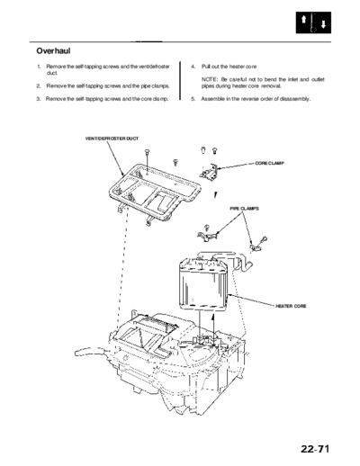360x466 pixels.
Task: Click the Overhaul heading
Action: pos(53,51)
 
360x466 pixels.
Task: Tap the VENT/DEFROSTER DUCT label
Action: pos(112,139)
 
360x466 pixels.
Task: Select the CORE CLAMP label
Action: pos(269,164)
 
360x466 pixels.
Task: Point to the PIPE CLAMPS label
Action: pos(244,209)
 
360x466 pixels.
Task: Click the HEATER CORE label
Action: pos(291,306)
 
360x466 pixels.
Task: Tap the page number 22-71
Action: pos(315,449)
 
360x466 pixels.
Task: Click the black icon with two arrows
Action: pos(313,22)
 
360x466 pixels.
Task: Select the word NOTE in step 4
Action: pos(209,79)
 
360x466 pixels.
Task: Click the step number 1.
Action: pos(39,67)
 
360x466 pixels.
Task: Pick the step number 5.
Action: pos(193,99)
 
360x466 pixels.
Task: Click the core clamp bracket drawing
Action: pos(209,173)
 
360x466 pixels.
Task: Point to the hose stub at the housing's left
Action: pos(89,352)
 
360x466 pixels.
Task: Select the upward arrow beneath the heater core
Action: pos(213,327)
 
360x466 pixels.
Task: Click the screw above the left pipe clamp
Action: pos(206,228)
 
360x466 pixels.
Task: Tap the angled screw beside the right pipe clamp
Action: pos(264,240)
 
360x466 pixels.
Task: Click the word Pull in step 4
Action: pos(206,67)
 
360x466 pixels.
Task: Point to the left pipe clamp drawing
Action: pos(207,236)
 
